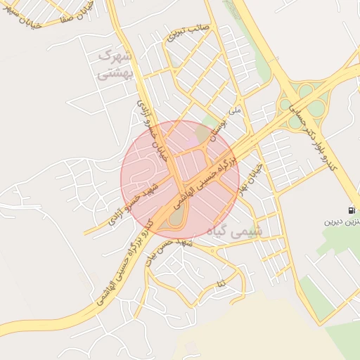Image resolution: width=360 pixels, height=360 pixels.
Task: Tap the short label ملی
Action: click(236, 110)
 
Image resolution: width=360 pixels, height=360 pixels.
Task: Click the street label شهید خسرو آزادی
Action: click(139, 204)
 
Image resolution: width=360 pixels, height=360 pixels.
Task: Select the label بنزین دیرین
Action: click(342, 222)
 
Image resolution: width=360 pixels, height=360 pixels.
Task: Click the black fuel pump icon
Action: click(351, 210)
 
